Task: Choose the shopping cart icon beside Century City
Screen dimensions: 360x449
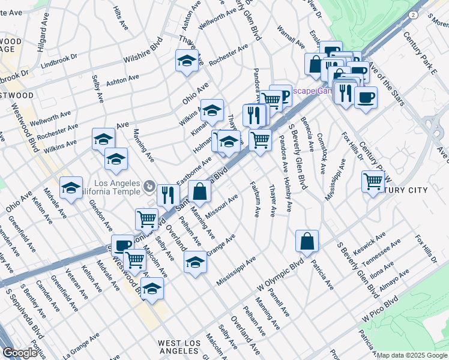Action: pos(373,180)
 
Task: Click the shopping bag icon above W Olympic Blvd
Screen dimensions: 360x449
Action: pos(307,241)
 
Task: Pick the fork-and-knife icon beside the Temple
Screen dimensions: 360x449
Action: pos(168,194)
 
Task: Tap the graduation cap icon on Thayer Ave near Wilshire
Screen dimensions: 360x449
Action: pos(187,61)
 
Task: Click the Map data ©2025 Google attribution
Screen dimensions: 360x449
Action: pos(412,355)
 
